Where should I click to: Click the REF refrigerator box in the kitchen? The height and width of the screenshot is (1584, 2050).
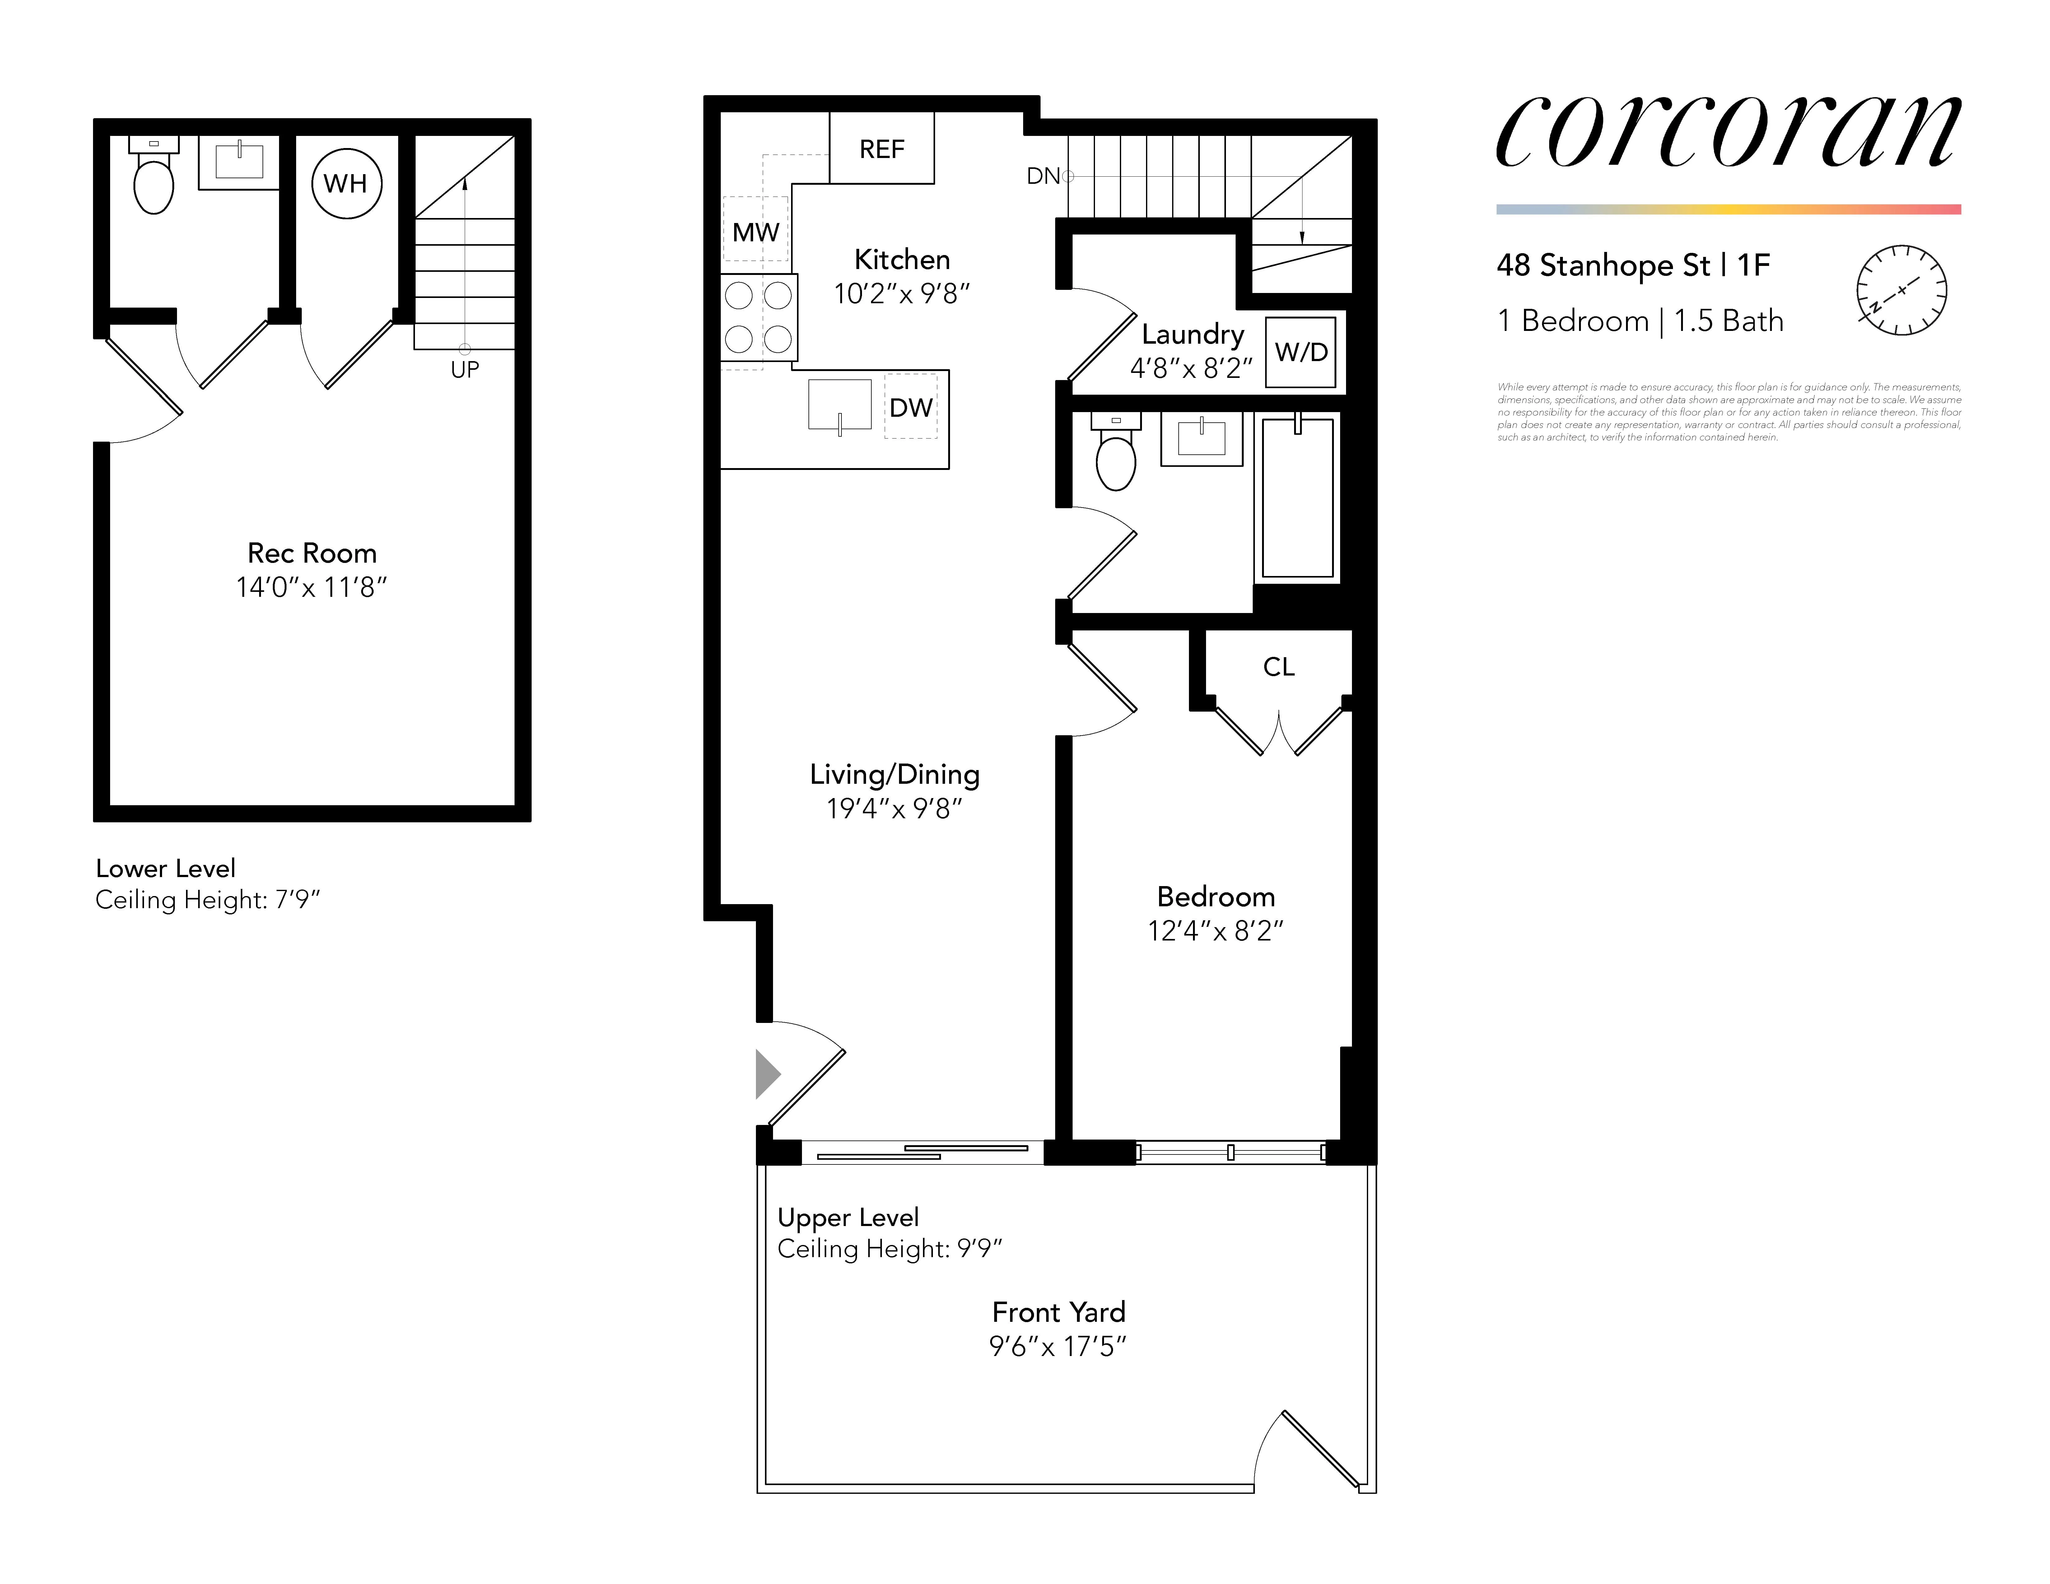(881, 148)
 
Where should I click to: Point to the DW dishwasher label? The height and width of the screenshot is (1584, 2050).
(911, 407)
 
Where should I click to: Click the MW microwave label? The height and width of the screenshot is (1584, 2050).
(756, 232)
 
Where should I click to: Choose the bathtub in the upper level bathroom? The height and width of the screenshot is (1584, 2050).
(1297, 498)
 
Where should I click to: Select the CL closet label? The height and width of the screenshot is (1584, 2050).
(1279, 666)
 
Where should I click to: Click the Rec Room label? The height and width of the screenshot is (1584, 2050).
(312, 553)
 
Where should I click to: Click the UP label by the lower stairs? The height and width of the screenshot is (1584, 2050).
(465, 370)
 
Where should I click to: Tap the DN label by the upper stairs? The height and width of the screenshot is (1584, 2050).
(1043, 175)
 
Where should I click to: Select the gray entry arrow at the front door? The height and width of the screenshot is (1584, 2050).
(767, 1074)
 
